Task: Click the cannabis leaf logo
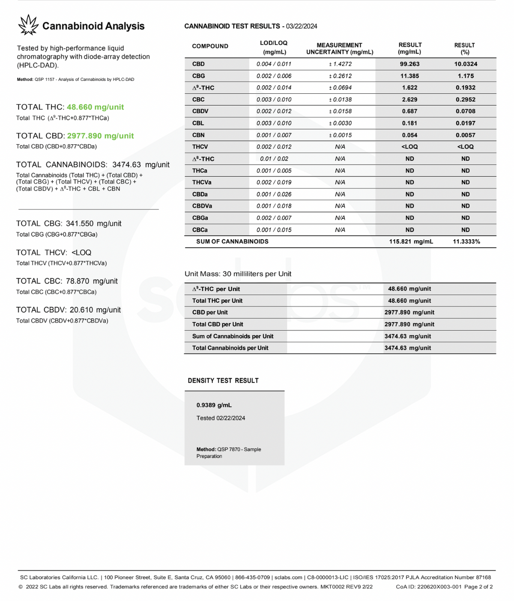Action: [28, 25]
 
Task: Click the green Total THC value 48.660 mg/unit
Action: [95, 107]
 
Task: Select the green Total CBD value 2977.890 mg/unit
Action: [100, 136]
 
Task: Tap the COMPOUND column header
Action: [210, 46]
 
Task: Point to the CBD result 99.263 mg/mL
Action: [410, 64]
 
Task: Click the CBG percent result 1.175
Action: [465, 76]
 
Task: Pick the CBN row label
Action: [198, 135]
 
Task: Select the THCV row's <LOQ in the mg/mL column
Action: [410, 146]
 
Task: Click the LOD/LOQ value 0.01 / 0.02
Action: [274, 158]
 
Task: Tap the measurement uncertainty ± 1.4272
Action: [340, 64]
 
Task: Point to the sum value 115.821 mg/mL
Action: [411, 241]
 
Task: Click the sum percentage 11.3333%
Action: [466, 241]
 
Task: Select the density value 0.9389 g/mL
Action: [214, 405]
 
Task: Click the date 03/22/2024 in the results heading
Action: [302, 26]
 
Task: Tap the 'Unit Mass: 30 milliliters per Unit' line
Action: [238, 274]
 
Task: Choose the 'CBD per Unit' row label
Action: [210, 312]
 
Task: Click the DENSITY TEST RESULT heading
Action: [223, 381]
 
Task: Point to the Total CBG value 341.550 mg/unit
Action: [93, 223]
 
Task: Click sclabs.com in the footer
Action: [288, 577]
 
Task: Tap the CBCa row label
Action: [200, 230]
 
